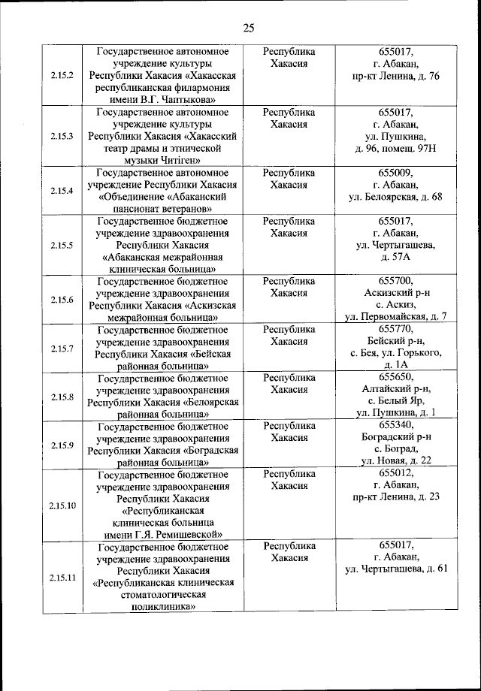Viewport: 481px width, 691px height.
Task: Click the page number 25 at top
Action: pyautogui.click(x=249, y=29)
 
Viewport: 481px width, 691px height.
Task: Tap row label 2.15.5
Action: pyautogui.click(x=62, y=245)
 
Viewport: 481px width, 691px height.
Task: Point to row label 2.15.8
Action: pyautogui.click(x=62, y=397)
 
